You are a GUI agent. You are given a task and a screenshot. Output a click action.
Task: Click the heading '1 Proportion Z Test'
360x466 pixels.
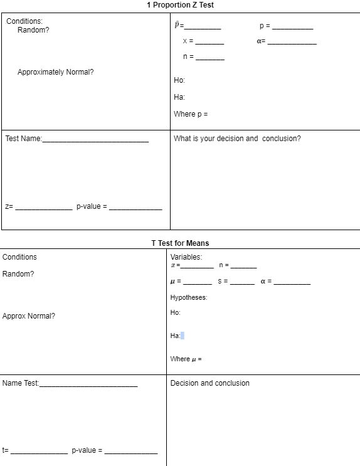(180, 5)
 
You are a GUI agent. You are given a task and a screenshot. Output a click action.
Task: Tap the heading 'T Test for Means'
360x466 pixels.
(180, 243)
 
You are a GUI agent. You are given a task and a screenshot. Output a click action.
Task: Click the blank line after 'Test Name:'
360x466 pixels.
(95, 140)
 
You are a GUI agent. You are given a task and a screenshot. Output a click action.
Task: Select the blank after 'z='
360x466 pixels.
(43, 207)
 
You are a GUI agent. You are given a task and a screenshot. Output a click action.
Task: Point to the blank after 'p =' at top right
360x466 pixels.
(292, 27)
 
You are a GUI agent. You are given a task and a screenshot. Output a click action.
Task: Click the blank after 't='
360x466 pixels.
(39, 452)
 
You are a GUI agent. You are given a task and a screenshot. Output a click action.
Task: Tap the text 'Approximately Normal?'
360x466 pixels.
(56, 72)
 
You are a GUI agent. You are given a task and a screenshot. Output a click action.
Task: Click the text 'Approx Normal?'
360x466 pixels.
(29, 316)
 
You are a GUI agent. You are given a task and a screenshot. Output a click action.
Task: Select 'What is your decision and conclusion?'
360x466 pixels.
(237, 139)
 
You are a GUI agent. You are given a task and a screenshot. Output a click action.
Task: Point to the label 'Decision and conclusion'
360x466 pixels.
(209, 383)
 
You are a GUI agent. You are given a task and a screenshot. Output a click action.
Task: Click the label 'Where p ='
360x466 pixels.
(191, 114)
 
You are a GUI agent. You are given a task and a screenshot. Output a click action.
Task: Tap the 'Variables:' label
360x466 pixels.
(186, 257)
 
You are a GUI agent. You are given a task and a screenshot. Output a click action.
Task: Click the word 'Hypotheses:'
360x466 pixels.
(189, 297)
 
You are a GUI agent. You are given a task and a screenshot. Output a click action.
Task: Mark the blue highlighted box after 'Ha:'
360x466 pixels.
(183, 336)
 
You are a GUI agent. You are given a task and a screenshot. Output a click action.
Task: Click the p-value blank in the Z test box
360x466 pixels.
(135, 207)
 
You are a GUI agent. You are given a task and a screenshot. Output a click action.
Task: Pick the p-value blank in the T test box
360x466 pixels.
(131, 452)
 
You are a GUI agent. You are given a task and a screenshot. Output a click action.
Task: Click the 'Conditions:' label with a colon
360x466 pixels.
(24, 21)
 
